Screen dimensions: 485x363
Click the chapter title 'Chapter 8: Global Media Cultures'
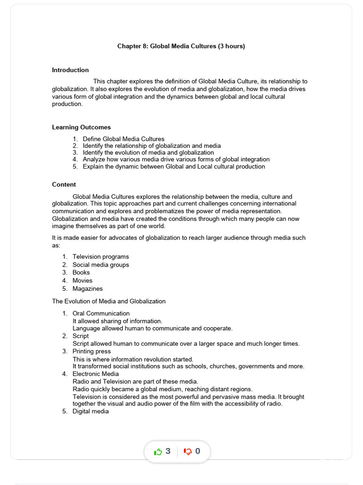[x=166, y=46]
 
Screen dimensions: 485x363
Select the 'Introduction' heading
[x=70, y=70]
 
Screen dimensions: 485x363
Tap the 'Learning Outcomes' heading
[x=81, y=127]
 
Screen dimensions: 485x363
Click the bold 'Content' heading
[x=64, y=185]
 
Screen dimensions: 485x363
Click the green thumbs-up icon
[x=158, y=452]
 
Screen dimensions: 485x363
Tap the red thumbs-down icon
[x=188, y=452]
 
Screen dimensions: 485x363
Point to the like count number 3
[x=168, y=451]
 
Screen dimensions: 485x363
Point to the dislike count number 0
[x=198, y=451]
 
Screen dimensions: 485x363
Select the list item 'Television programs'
[x=101, y=257]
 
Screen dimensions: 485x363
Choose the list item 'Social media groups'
[x=101, y=265]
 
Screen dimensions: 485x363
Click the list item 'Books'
[x=81, y=273]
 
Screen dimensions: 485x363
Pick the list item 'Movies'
[x=82, y=281]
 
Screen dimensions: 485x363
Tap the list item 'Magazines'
[x=87, y=289]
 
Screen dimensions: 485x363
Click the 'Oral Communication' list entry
[x=101, y=314]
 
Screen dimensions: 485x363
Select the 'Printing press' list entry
[x=92, y=351]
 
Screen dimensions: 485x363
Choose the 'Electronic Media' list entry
[x=96, y=374]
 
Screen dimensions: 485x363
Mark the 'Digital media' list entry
[x=90, y=412]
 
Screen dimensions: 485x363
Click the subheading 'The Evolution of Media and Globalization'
[x=109, y=301]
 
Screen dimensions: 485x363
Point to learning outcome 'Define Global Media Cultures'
[x=123, y=139]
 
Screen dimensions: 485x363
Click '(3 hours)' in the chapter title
[x=232, y=46]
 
